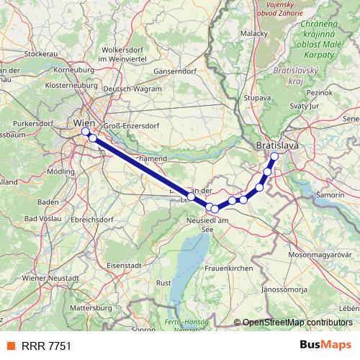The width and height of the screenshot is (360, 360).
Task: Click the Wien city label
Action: (x=84, y=123)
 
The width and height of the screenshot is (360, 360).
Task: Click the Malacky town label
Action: (x=254, y=33)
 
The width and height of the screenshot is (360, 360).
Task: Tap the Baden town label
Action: (x=48, y=202)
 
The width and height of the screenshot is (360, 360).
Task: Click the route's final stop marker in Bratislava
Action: (x=274, y=156)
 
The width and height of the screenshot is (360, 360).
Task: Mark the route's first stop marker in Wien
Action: (x=85, y=132)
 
